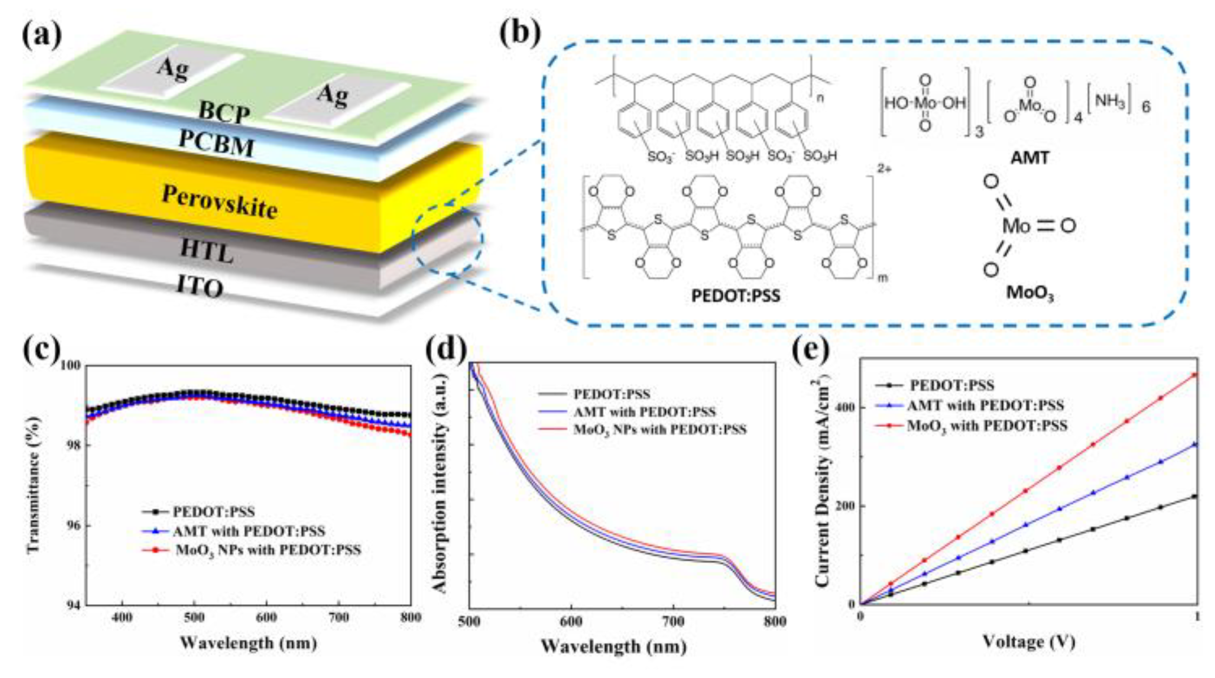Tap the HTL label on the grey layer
click(x=207, y=250)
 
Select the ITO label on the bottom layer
click(x=200, y=285)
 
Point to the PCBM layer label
click(x=216, y=142)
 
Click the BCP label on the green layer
click(x=224, y=113)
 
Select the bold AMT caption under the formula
click(x=1030, y=157)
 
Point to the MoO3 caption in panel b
click(x=1030, y=294)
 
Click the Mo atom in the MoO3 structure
click(x=1016, y=226)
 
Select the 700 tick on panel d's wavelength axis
click(x=673, y=622)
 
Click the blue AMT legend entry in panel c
click(x=249, y=531)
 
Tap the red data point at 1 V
click(x=1194, y=375)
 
